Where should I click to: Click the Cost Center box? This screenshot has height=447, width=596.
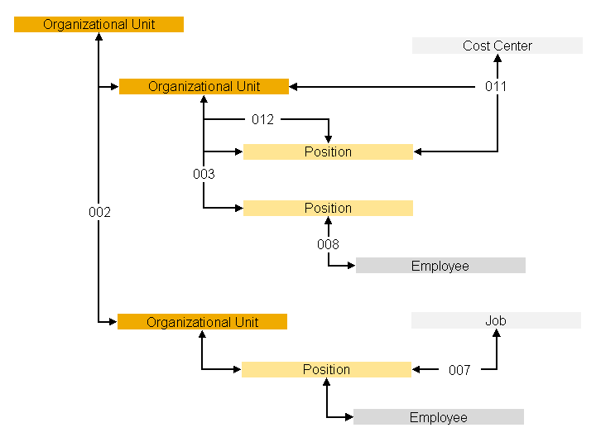coord(497,46)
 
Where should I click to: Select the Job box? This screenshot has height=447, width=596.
coord(496,320)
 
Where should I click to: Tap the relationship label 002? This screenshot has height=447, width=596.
coord(99,212)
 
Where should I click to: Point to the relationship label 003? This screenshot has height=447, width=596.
coord(204,174)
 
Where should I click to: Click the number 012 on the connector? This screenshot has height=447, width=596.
coord(262,119)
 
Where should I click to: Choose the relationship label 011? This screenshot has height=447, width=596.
coord(496,86)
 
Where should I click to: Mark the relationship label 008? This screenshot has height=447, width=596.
coord(328,244)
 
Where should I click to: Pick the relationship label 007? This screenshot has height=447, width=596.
coord(459,370)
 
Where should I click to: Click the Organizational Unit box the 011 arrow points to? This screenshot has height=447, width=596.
coord(204,86)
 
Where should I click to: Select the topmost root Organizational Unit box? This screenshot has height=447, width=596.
coord(99,24)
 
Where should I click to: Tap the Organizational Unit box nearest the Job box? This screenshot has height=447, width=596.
coord(202,322)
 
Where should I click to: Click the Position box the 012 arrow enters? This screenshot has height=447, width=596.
coord(328,151)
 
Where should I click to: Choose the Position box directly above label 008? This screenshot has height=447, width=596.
coord(328,208)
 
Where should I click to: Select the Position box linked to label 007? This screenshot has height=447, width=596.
coord(326,369)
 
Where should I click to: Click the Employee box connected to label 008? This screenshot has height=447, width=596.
coord(440,266)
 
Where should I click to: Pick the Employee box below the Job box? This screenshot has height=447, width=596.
coord(439,417)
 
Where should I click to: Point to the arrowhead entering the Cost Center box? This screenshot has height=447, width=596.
coord(497,60)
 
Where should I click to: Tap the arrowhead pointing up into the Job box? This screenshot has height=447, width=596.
coord(497,334)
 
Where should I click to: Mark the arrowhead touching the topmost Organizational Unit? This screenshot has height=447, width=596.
coord(99,38)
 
